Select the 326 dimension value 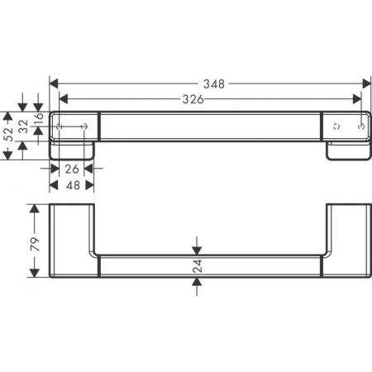click(193, 98)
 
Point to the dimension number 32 click(23, 127)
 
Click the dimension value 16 click(38, 110)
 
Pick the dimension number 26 click(70, 170)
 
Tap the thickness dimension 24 click(197, 265)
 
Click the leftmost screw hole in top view click(60, 126)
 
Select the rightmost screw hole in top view click(360, 126)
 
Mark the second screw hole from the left click(85, 126)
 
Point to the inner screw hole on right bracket click(335, 126)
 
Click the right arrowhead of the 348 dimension click(366, 83)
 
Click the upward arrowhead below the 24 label click(197, 280)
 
